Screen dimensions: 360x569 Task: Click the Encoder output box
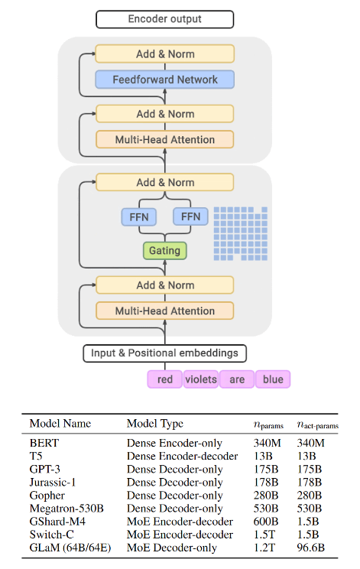(x=164, y=19)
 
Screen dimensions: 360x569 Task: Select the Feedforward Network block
(x=164, y=80)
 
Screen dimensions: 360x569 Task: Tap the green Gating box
(x=164, y=251)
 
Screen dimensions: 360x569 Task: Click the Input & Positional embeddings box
(x=164, y=353)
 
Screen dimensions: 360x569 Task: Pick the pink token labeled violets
(x=201, y=379)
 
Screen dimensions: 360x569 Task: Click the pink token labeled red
(x=164, y=379)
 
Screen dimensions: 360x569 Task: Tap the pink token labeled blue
(x=273, y=379)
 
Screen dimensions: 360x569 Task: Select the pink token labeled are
(x=237, y=379)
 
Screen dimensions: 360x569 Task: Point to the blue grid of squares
(x=240, y=234)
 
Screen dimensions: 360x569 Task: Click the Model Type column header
(x=155, y=424)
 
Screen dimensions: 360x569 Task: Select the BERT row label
(x=44, y=443)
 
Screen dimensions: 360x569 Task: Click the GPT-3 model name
(x=44, y=470)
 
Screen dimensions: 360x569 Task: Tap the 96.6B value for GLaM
(x=310, y=548)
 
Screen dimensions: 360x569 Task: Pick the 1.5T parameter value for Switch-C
(x=264, y=535)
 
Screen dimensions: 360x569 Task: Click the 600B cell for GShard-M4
(x=266, y=522)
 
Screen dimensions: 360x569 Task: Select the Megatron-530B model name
(x=66, y=509)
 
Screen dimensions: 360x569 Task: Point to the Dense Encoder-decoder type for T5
(x=183, y=456)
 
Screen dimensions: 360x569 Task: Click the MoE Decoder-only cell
(x=172, y=548)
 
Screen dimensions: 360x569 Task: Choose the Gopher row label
(x=47, y=496)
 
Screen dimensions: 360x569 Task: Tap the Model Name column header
(x=60, y=424)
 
